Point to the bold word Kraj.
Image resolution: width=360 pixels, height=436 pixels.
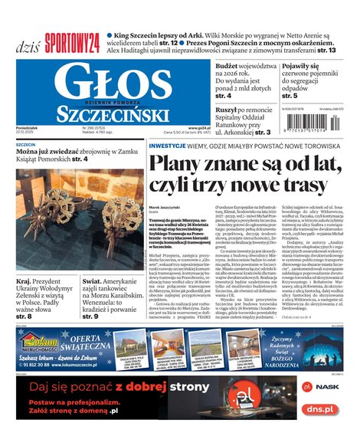click(25, 281)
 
